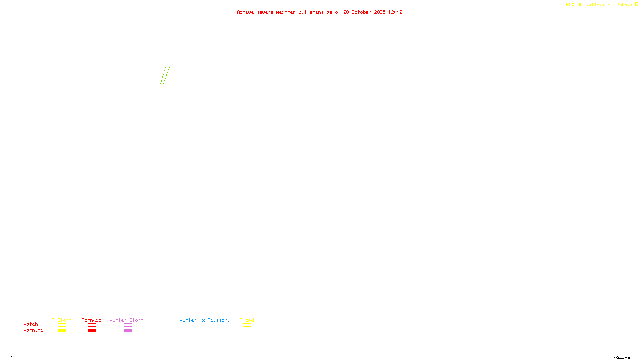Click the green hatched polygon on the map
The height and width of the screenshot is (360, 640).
165,76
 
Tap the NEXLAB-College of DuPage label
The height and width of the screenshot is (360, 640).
599,5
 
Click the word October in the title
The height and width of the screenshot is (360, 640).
361,12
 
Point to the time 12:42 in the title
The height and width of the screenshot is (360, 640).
395,12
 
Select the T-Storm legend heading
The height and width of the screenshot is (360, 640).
62,320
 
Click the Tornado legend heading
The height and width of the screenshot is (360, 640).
92,320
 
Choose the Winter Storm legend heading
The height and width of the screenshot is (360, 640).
126,320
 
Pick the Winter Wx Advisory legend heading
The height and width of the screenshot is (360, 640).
205,320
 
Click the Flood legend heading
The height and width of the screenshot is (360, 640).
247,320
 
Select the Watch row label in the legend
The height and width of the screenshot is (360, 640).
31,324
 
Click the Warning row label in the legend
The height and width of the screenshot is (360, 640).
33,330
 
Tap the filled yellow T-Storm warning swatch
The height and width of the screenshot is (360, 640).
62,331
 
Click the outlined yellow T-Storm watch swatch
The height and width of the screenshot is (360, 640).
62,325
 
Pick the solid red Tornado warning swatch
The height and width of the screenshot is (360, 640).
92,331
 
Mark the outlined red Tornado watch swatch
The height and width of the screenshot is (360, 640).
92,325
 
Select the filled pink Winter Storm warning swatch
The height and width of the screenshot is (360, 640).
128,331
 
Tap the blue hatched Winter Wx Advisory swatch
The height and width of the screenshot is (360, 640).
204,331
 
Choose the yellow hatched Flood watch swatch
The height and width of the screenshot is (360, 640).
247,325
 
